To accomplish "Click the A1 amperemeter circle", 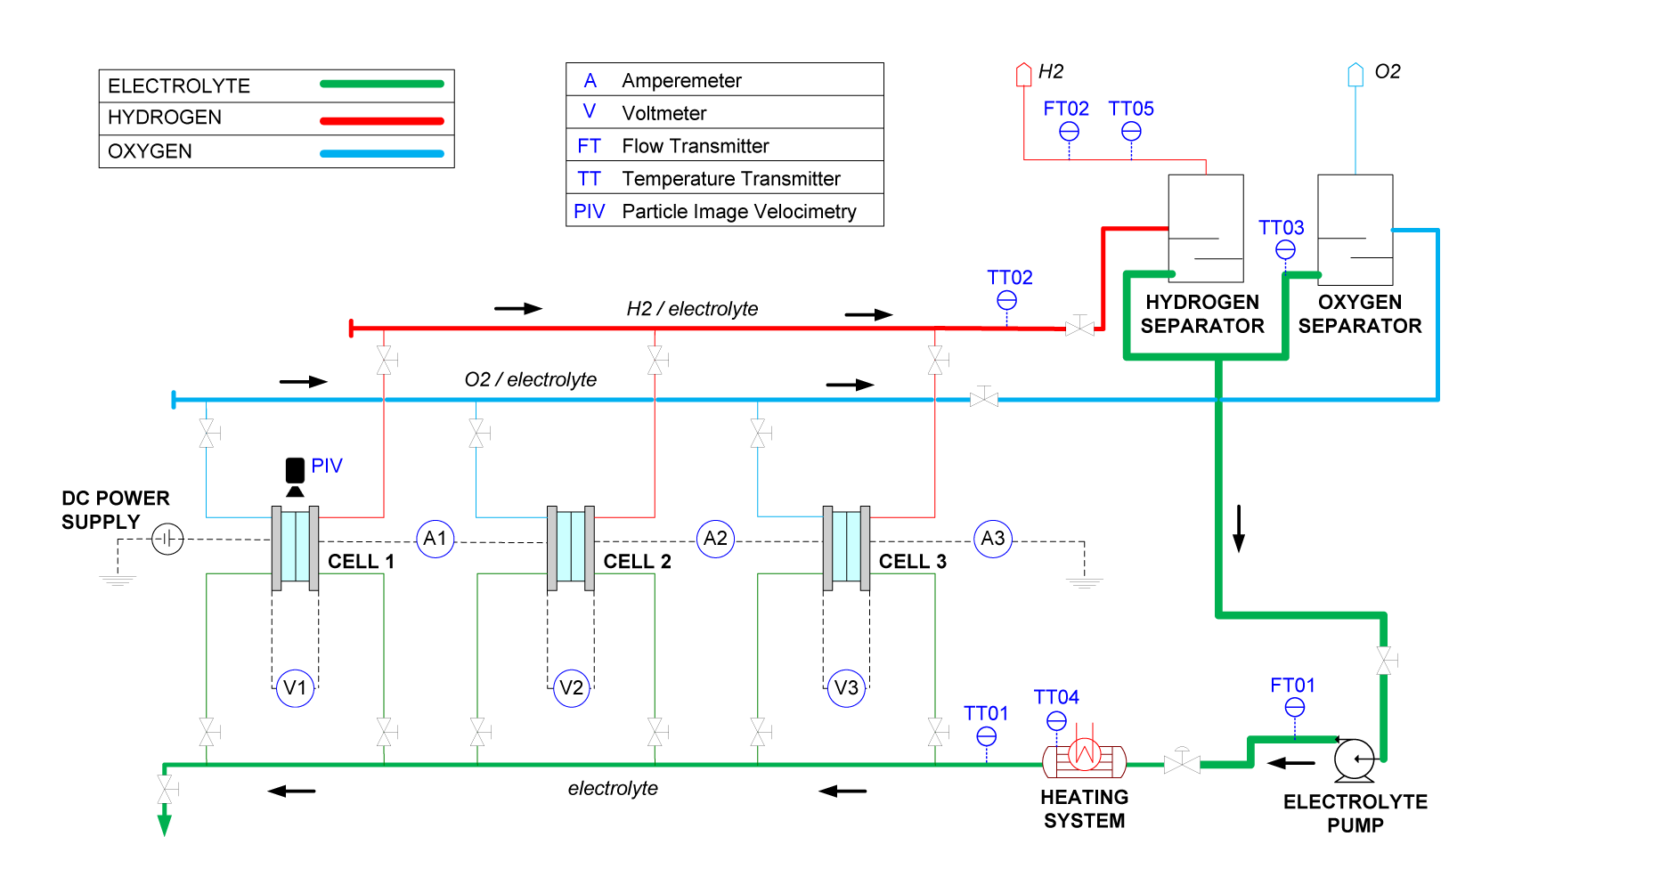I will (435, 539).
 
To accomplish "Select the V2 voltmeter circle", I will (571, 687).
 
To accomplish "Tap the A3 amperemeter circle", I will (992, 539).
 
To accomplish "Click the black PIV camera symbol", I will (295, 475).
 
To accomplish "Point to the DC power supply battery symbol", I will (167, 539).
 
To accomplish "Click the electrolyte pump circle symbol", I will (1355, 759).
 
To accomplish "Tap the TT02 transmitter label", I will (1009, 278).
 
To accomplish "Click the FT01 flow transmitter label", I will (1292, 686).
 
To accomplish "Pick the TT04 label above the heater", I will (1055, 697).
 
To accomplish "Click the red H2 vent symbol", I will (1023, 74).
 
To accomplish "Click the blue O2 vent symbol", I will (1355, 74).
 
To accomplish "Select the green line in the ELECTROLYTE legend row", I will (381, 85).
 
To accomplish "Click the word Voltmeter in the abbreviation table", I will (663, 113).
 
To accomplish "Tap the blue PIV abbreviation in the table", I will (589, 211).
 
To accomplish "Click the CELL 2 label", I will (637, 562).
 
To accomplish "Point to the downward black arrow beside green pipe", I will (1238, 529).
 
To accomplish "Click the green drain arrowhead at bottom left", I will (164, 824).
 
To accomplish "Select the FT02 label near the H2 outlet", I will (1065, 109).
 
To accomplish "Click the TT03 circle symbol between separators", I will (1285, 250).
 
